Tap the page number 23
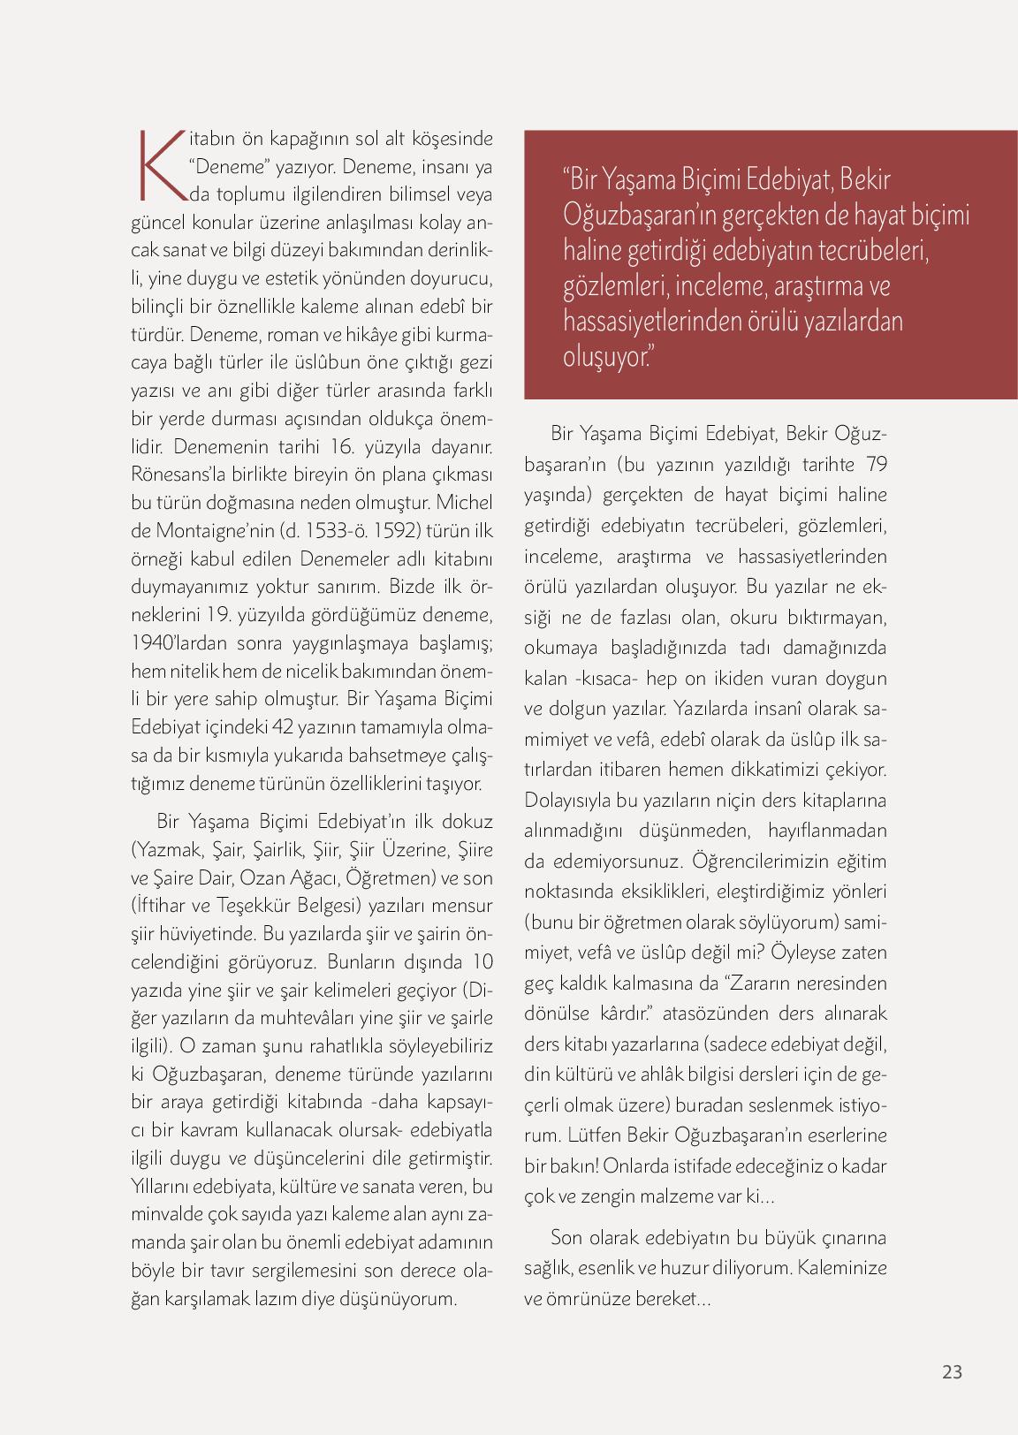(952, 1371)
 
